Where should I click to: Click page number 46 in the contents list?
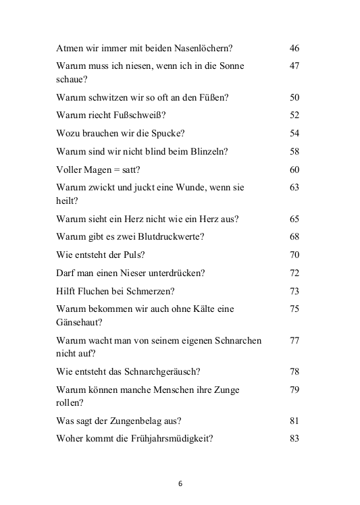[x=294, y=48]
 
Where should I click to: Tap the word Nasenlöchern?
[x=203, y=48]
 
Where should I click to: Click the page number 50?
[x=294, y=97]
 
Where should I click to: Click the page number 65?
[x=294, y=219]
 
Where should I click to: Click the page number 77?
[x=294, y=340]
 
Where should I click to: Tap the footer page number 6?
[x=180, y=483]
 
